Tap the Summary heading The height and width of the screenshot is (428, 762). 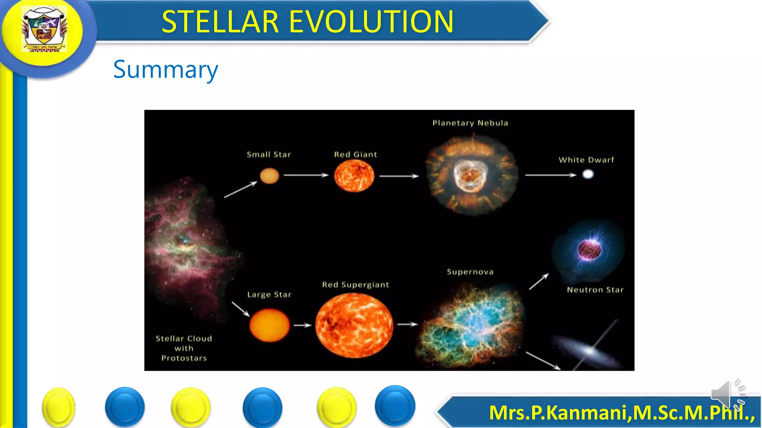[166, 69]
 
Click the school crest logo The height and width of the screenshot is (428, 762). [44, 29]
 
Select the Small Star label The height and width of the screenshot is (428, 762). [269, 155]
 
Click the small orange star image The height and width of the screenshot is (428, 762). [269, 176]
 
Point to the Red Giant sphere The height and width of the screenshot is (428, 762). [354, 176]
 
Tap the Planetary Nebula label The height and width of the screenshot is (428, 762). [470, 123]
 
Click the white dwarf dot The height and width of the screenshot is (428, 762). [588, 174]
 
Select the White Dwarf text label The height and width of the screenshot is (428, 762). [586, 160]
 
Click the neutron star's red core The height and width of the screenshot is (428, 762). [589, 249]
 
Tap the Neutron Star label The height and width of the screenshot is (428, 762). [595, 290]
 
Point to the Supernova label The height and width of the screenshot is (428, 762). [470, 272]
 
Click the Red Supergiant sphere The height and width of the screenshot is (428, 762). [354, 325]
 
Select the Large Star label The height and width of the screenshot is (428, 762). [269, 295]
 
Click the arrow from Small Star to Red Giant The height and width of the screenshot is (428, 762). [306, 175]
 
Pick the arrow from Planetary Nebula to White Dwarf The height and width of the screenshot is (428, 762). [550, 175]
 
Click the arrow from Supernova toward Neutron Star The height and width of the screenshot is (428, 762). [539, 282]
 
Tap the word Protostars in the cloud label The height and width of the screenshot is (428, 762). [184, 358]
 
